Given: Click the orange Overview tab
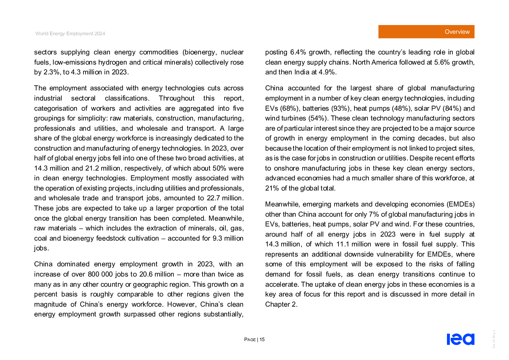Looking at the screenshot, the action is [426, 32].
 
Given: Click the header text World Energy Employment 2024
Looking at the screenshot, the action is [70, 34].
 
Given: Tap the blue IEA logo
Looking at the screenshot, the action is [461, 339].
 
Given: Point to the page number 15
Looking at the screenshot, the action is [262, 339].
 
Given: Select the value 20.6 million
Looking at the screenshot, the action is [157, 274].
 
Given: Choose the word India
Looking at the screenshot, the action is [301, 72].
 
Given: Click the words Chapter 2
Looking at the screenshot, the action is [281, 304].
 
